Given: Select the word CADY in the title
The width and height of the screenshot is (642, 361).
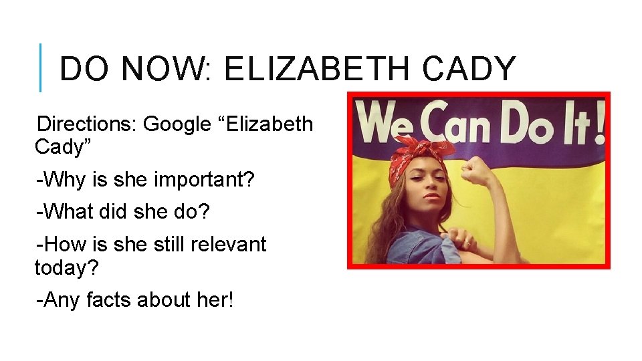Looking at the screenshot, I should pyautogui.click(x=470, y=69).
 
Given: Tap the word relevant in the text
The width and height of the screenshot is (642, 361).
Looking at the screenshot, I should pyautogui.click(x=229, y=244).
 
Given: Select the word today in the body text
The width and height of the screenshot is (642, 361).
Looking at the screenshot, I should pyautogui.click(x=62, y=268).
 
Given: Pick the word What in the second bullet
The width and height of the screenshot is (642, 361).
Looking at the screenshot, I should pyautogui.click(x=66, y=212).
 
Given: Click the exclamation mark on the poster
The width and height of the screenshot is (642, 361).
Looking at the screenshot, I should pyautogui.click(x=599, y=124).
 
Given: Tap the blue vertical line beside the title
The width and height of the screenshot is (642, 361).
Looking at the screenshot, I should pyautogui.click(x=41, y=68).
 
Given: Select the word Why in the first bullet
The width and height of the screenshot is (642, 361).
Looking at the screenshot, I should pyautogui.click(x=63, y=179).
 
